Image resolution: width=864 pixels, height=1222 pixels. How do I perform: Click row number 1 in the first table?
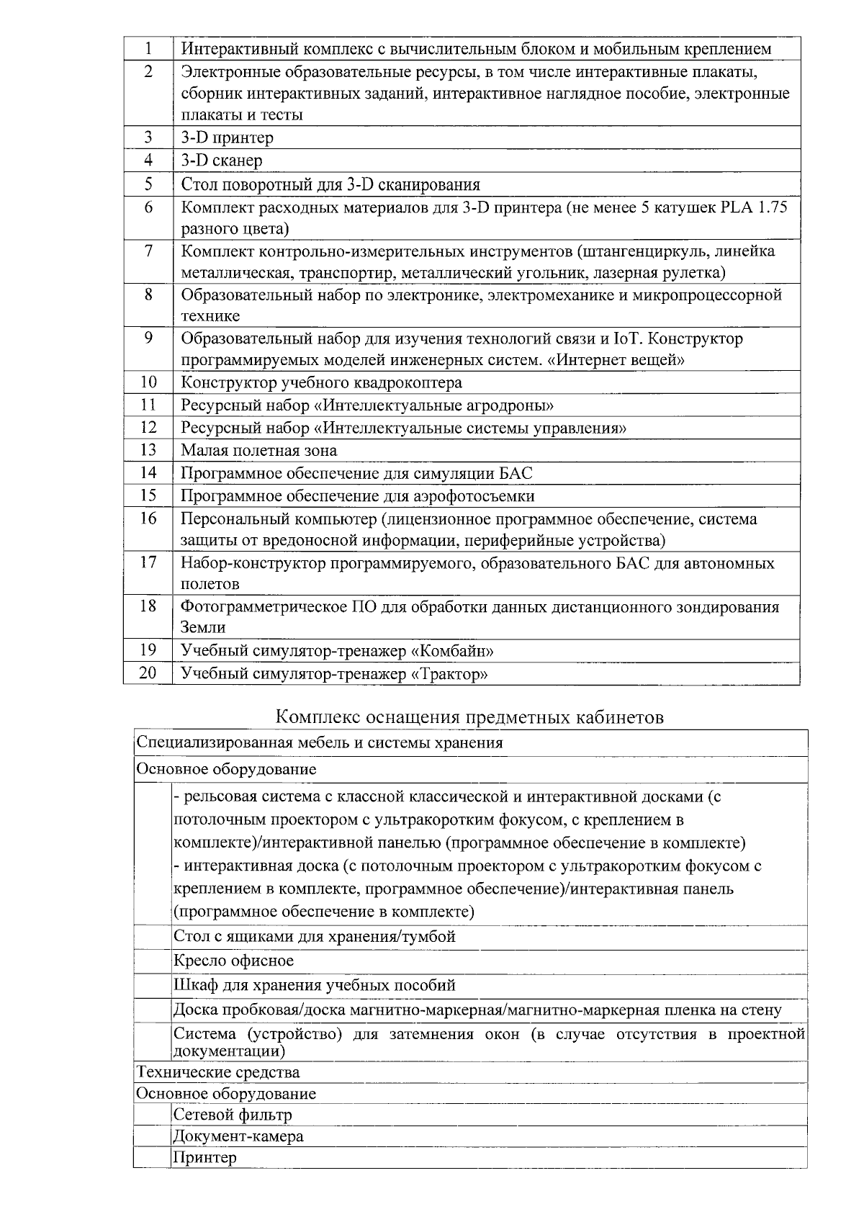(x=148, y=49)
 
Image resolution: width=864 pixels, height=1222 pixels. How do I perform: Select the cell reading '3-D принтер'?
(x=228, y=138)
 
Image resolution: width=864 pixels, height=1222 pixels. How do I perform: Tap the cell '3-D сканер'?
(x=222, y=161)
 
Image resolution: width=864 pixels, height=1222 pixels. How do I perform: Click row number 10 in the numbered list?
(x=148, y=382)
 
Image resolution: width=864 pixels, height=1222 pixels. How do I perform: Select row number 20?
(x=148, y=674)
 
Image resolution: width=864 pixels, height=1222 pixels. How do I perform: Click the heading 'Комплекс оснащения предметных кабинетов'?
(x=470, y=717)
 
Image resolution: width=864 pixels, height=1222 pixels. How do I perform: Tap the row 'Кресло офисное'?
(x=234, y=961)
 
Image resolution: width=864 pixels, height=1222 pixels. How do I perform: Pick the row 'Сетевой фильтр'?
(x=233, y=1115)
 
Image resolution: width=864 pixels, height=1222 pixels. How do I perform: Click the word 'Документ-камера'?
(x=238, y=1136)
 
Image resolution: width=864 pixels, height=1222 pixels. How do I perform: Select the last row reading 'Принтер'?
(x=204, y=1157)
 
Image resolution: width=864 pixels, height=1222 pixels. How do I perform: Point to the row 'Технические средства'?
(x=218, y=1072)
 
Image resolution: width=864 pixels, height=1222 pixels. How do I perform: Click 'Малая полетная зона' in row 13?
(x=258, y=451)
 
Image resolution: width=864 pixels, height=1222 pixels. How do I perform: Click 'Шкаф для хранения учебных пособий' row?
(x=315, y=985)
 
